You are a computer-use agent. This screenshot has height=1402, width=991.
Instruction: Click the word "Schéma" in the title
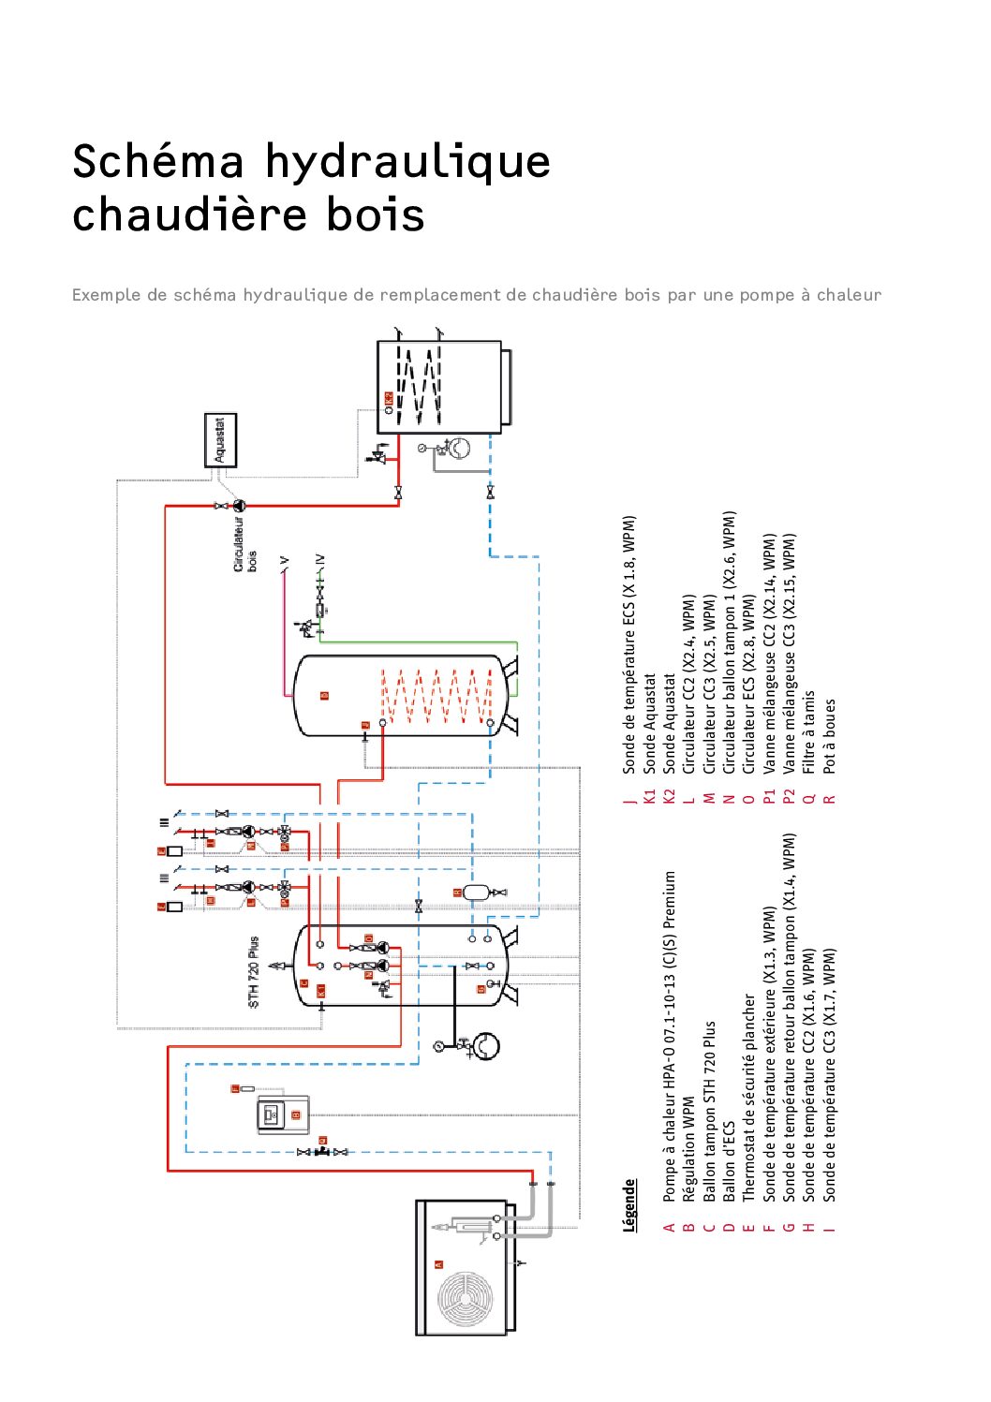[157, 162]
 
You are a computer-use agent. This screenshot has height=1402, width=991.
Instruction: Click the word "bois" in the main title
[375, 214]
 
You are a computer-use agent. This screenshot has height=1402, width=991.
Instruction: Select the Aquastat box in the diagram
[221, 440]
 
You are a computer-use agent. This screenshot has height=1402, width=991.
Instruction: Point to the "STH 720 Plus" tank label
[254, 971]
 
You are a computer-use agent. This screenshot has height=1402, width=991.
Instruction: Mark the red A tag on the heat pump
[438, 1263]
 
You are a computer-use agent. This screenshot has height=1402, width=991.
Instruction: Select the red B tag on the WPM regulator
[296, 1114]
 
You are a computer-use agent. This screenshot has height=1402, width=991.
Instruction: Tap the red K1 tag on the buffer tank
[320, 989]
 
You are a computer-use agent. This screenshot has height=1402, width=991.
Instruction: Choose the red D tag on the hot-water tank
[324, 695]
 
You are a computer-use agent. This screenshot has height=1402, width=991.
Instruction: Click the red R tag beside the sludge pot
[458, 893]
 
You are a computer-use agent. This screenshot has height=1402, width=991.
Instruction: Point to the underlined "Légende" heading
[629, 1204]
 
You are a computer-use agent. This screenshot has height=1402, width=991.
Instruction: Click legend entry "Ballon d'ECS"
[729, 1161]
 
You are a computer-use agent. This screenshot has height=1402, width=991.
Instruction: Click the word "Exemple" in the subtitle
[106, 295]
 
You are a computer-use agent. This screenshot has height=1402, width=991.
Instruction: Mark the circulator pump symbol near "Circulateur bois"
[239, 506]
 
